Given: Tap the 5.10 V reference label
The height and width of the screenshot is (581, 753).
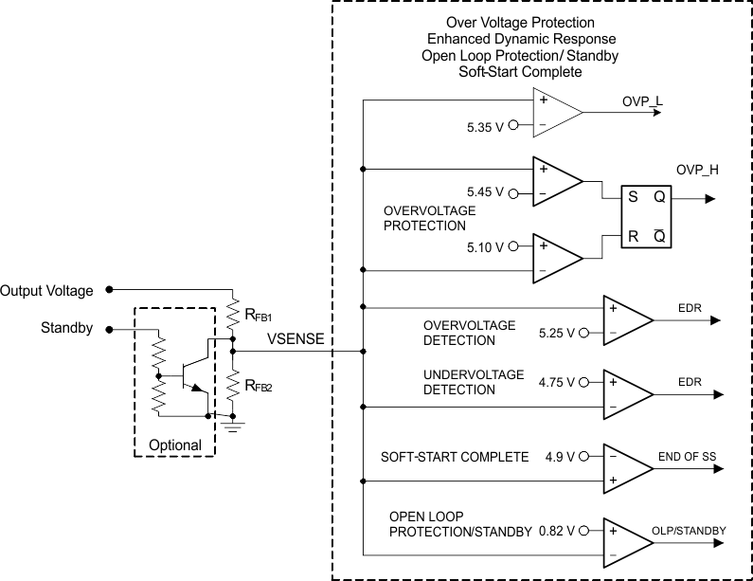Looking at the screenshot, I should tap(487, 246).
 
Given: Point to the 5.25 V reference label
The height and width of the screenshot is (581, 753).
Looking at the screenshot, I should tap(555, 333).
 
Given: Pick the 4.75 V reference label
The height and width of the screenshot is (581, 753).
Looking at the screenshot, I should tap(555, 382).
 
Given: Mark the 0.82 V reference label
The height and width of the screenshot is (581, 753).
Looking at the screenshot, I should tap(556, 531).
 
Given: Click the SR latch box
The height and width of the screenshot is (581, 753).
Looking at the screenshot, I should tap(646, 217).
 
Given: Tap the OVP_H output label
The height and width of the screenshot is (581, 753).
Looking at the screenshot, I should tap(696, 170).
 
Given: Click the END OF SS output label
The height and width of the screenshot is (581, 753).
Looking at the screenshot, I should tap(687, 457).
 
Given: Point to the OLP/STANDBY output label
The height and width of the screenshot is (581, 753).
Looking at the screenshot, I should tap(689, 531).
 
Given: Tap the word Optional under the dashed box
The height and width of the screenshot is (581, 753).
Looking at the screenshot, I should tap(175, 445).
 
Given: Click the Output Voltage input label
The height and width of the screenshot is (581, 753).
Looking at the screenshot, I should tap(47, 291).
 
